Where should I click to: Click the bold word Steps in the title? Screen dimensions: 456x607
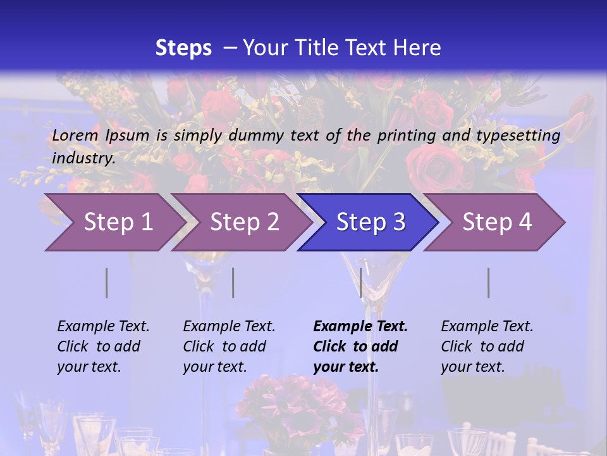tap(183, 48)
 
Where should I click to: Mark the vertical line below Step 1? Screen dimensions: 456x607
tap(107, 282)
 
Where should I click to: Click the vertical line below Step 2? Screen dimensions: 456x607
tap(233, 282)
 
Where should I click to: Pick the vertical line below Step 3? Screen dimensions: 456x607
tap(360, 282)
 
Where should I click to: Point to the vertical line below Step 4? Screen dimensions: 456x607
tap(489, 282)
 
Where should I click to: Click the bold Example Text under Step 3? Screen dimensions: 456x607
tap(360, 327)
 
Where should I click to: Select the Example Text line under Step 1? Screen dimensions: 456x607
tap(103, 327)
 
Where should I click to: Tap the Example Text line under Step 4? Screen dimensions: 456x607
tap(487, 327)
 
